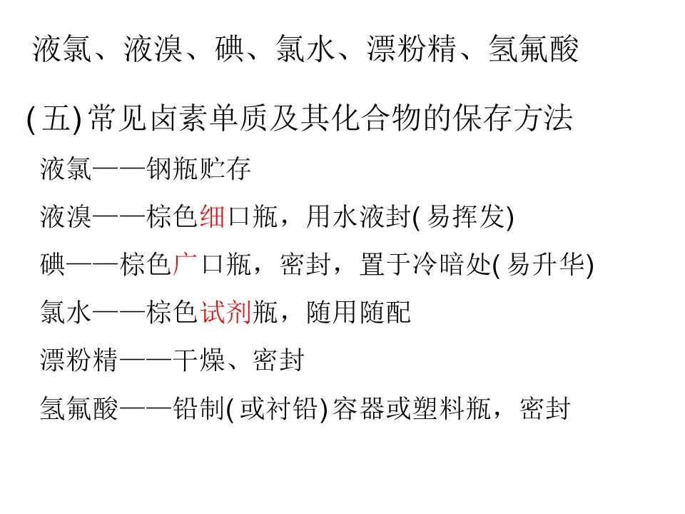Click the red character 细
(x=213, y=216)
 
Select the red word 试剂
(x=225, y=312)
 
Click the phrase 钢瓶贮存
(x=198, y=168)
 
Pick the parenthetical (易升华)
(x=543, y=265)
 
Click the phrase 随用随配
(x=359, y=312)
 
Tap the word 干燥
(x=199, y=360)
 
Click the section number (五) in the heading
(x=54, y=119)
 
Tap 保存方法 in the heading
(x=513, y=118)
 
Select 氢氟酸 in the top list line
(x=534, y=49)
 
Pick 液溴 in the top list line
(x=153, y=49)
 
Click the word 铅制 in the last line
(x=199, y=408)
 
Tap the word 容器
(x=359, y=408)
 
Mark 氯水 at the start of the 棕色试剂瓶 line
(x=66, y=312)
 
